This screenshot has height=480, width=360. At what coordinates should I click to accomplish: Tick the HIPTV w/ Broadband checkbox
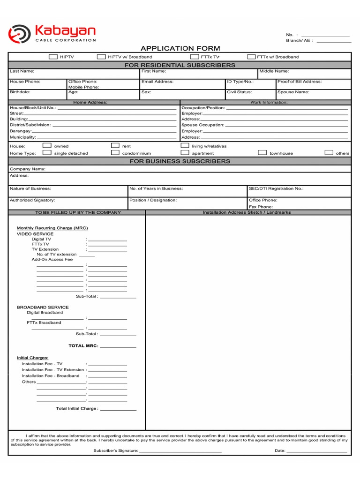(x=101, y=57)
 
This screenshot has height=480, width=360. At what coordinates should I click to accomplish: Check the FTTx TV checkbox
(x=194, y=57)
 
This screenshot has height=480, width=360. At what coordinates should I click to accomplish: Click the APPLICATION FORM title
(x=180, y=48)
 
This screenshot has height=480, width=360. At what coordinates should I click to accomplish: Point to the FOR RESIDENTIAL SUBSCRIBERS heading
(x=180, y=65)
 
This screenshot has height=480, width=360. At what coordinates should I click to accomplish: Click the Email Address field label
(x=157, y=82)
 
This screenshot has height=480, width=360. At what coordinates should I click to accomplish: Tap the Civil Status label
(x=240, y=92)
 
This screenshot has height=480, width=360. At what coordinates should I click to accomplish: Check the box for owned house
(x=47, y=146)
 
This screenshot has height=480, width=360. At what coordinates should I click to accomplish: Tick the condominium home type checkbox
(x=115, y=153)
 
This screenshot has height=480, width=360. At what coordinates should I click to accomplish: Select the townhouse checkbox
(x=262, y=153)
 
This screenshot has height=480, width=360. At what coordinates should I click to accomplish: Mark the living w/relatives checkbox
(x=185, y=146)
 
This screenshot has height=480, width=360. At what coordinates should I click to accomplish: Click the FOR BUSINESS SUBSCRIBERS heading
(x=180, y=161)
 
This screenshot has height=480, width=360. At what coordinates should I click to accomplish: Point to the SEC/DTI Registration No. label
(x=276, y=188)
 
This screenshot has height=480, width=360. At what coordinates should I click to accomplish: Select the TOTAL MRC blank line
(x=118, y=347)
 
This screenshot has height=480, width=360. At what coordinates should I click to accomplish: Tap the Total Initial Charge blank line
(x=118, y=410)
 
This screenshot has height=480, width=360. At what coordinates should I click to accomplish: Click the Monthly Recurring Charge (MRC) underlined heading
(x=52, y=228)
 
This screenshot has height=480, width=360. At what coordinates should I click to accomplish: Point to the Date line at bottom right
(x=317, y=451)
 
